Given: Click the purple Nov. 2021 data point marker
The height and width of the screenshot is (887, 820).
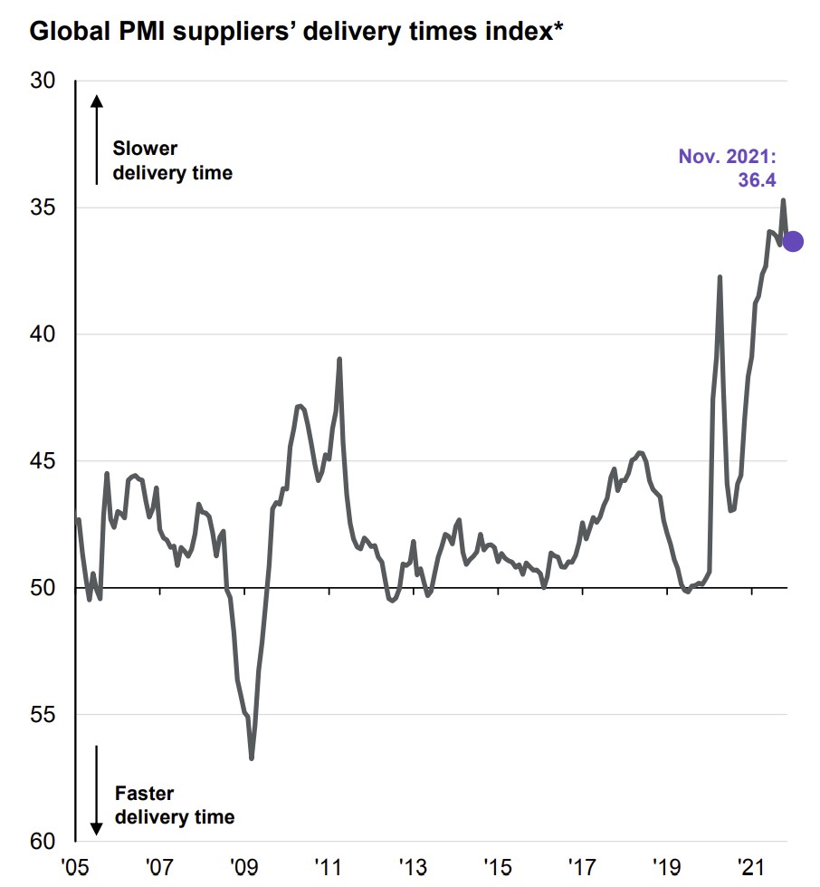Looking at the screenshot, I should pos(792,241).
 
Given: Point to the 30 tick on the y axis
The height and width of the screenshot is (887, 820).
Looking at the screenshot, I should pos(43,82).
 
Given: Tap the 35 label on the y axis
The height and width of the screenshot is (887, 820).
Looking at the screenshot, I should pos(43,208).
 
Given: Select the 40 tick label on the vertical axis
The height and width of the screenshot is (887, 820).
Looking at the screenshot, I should pos(43,335).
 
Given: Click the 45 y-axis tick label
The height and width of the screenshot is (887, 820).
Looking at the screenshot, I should pos(43,462).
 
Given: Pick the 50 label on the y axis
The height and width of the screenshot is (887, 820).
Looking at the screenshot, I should pos(43,589).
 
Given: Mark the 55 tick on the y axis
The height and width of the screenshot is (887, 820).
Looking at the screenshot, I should pos(43,716).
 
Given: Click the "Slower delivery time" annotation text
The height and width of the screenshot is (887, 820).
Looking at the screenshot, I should pos(172,160).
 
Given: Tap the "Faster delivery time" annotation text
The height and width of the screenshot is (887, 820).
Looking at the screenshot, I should pos(174,805).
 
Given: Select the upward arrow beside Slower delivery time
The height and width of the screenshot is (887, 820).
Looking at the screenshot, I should pos(96,136).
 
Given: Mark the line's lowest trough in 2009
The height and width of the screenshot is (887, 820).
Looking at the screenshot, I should pos(251,757).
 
